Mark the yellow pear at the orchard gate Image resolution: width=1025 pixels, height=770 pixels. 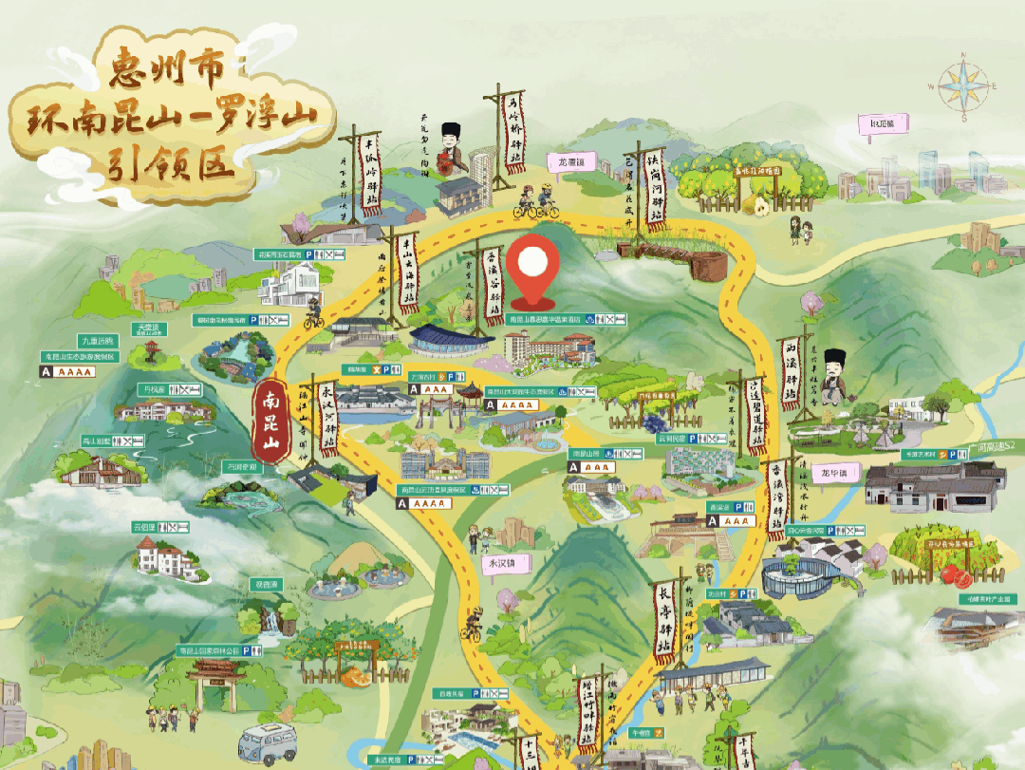click(759, 205)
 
